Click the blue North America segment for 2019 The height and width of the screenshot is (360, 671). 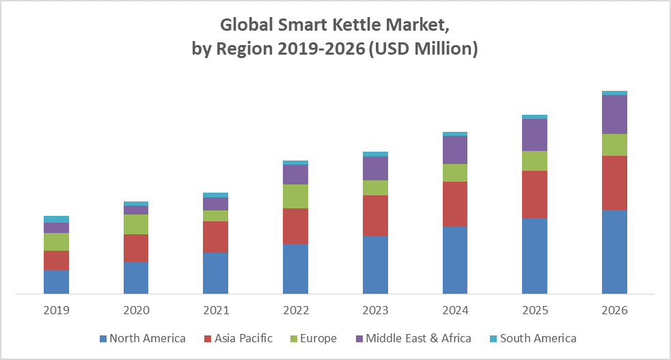pyautogui.click(x=56, y=281)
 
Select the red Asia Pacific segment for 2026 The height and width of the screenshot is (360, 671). pyautogui.click(x=614, y=182)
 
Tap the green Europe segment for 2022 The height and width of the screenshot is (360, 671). pyautogui.click(x=295, y=196)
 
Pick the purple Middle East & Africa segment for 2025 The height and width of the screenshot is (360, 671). pyautogui.click(x=534, y=135)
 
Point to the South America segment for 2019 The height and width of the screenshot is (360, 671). pyautogui.click(x=56, y=219)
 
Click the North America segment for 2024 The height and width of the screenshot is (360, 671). pyautogui.click(x=455, y=260)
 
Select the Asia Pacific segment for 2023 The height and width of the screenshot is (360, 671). pyautogui.click(x=375, y=215)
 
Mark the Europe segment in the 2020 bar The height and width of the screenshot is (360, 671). pyautogui.click(x=136, y=224)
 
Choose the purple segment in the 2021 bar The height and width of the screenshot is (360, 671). pyautogui.click(x=216, y=204)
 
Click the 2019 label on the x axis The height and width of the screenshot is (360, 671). pyautogui.click(x=56, y=310)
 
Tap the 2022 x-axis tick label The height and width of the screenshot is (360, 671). pyautogui.click(x=295, y=310)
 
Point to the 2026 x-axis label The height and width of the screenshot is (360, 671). pyautogui.click(x=614, y=310)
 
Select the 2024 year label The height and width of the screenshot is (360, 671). pyautogui.click(x=455, y=310)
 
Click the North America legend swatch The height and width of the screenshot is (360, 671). pyautogui.click(x=103, y=338)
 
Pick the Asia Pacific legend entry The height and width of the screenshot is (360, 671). pyautogui.click(x=243, y=338)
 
